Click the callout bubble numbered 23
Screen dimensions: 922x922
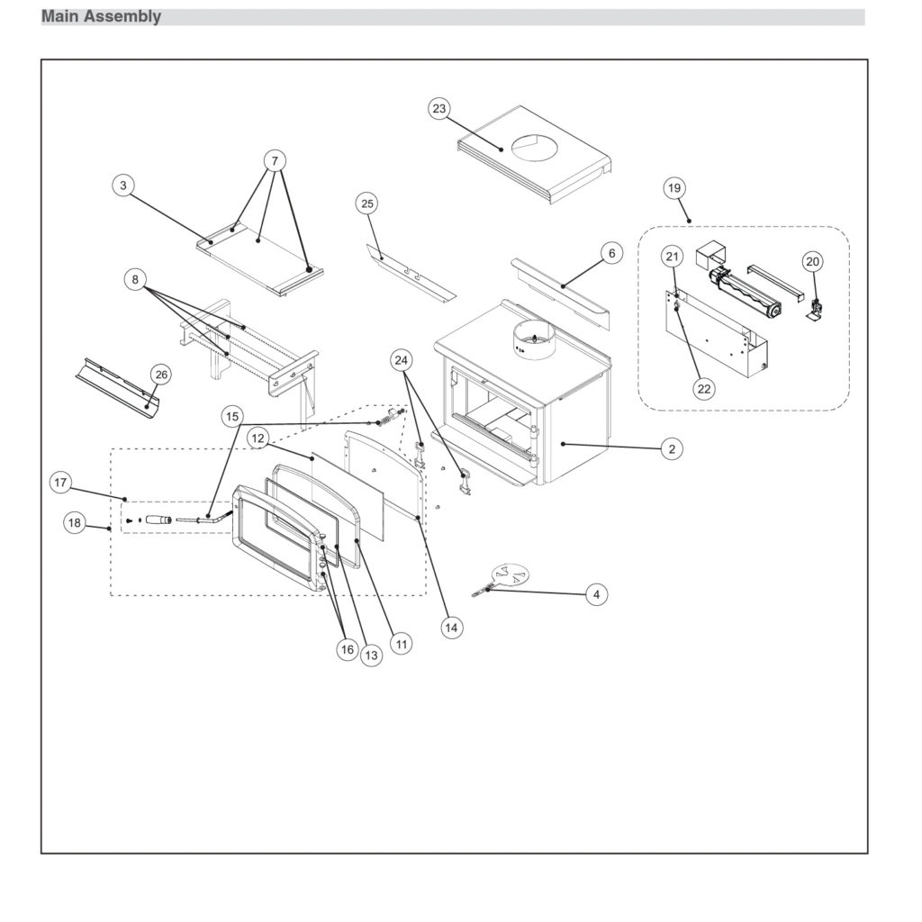pos(438,109)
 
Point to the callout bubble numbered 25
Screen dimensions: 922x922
pos(367,203)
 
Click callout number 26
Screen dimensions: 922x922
pos(160,374)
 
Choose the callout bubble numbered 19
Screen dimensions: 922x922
pos(673,188)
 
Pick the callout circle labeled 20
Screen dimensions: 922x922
pos(812,261)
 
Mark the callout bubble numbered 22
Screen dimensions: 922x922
pos(704,388)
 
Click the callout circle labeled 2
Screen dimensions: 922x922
pos(671,447)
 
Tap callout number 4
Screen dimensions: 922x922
pos(595,594)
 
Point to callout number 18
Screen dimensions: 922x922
pos(75,522)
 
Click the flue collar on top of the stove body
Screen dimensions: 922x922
pos(533,341)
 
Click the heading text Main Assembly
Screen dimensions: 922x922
pos(101,16)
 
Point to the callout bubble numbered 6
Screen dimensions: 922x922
pos(611,254)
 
